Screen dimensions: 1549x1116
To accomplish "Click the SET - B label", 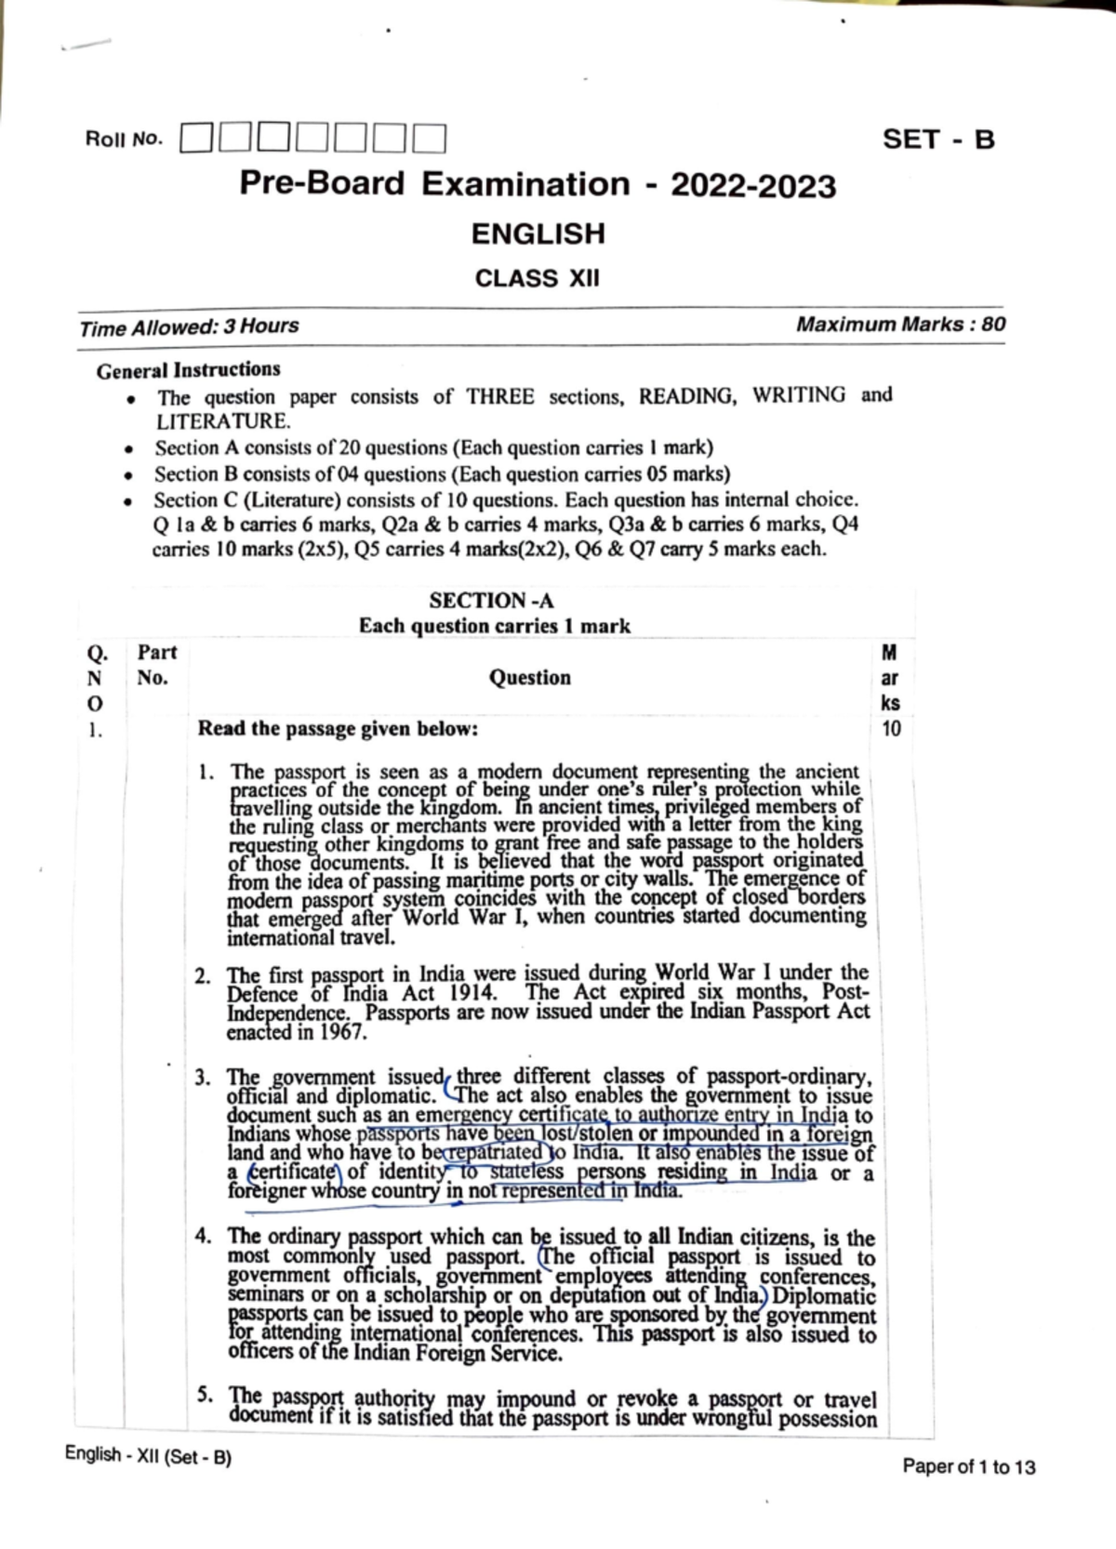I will pyautogui.click(x=938, y=139).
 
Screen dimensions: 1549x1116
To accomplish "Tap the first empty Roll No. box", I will pyautogui.click(x=196, y=140).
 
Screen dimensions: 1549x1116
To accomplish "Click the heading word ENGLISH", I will pyautogui.click(x=538, y=233).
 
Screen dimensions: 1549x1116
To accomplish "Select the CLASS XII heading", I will pyautogui.click(x=538, y=278).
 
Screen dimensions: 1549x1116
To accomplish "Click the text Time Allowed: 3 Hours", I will pyautogui.click(x=189, y=327).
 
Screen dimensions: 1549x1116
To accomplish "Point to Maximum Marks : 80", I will pyautogui.click(x=900, y=324).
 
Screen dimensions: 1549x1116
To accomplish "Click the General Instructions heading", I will pyautogui.click(x=188, y=370).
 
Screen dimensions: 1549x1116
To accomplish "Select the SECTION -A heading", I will pyautogui.click(x=491, y=601).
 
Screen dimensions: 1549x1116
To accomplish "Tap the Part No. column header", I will pyautogui.click(x=156, y=664).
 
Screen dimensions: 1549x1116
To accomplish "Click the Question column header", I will pyautogui.click(x=530, y=678).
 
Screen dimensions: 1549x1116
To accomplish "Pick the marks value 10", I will pyautogui.click(x=890, y=729).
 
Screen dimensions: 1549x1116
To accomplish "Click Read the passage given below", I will pyautogui.click(x=338, y=729).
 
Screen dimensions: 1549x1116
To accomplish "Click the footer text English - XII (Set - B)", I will pyautogui.click(x=148, y=1456).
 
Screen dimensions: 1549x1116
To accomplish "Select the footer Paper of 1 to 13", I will pyautogui.click(x=968, y=1467).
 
